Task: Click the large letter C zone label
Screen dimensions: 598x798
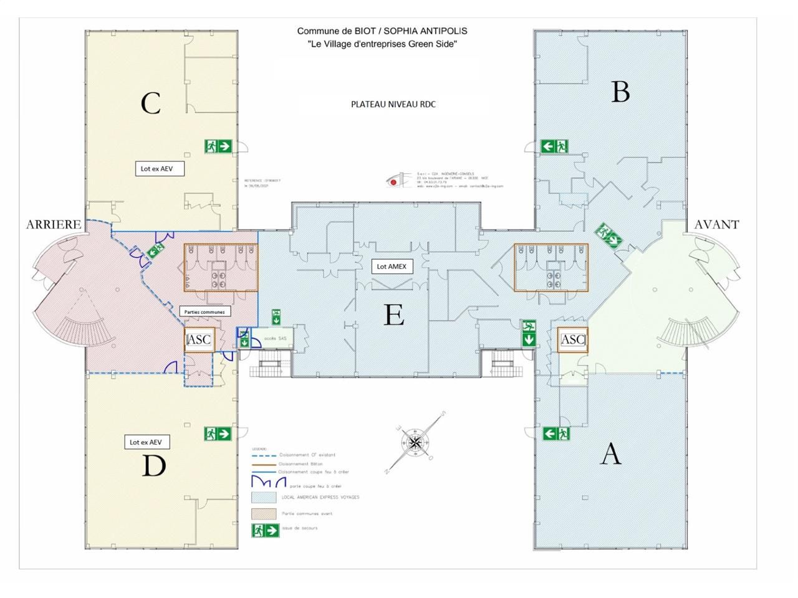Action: click(151, 103)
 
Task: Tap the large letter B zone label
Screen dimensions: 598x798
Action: click(620, 92)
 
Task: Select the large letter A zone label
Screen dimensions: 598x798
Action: click(610, 453)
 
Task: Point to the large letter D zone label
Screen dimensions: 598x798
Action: click(153, 465)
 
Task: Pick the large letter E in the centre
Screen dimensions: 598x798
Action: click(393, 315)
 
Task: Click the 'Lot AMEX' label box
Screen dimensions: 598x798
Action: click(392, 266)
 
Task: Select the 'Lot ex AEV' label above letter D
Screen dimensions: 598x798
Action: click(146, 442)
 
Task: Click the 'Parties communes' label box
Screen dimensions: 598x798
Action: click(204, 311)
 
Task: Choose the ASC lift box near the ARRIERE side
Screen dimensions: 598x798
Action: click(199, 339)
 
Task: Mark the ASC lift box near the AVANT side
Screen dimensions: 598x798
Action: click(572, 339)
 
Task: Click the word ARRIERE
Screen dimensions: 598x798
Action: click(54, 224)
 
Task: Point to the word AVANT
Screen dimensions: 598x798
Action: click(716, 224)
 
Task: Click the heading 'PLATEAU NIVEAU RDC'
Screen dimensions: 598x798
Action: click(393, 104)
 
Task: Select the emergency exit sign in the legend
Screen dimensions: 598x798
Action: click(265, 530)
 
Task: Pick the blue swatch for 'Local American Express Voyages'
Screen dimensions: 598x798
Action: click(264, 498)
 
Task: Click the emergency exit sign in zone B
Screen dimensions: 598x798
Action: click(554, 146)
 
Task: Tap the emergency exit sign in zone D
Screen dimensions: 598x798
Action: click(218, 434)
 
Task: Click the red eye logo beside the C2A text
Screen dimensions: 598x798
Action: click(393, 181)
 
